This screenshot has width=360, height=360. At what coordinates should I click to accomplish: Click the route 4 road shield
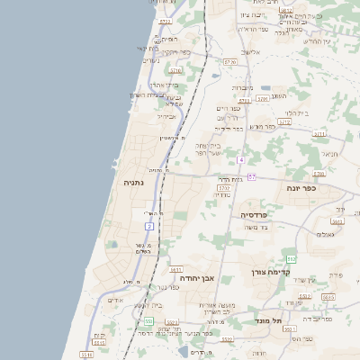[x=241, y=159]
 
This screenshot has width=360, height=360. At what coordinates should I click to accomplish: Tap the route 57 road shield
[x=252, y=177]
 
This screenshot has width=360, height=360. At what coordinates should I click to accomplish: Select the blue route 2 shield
[x=148, y=226]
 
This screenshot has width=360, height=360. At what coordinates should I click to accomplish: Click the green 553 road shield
[x=148, y=321]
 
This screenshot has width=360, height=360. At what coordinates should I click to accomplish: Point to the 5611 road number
[x=175, y=268]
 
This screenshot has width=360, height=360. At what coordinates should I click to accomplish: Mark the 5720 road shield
[x=231, y=62]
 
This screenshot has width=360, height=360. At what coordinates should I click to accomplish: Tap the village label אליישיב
[x=251, y=52]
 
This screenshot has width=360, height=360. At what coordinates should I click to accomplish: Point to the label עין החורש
[x=316, y=41]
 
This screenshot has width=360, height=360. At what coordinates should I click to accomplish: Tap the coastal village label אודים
[x=115, y=300]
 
